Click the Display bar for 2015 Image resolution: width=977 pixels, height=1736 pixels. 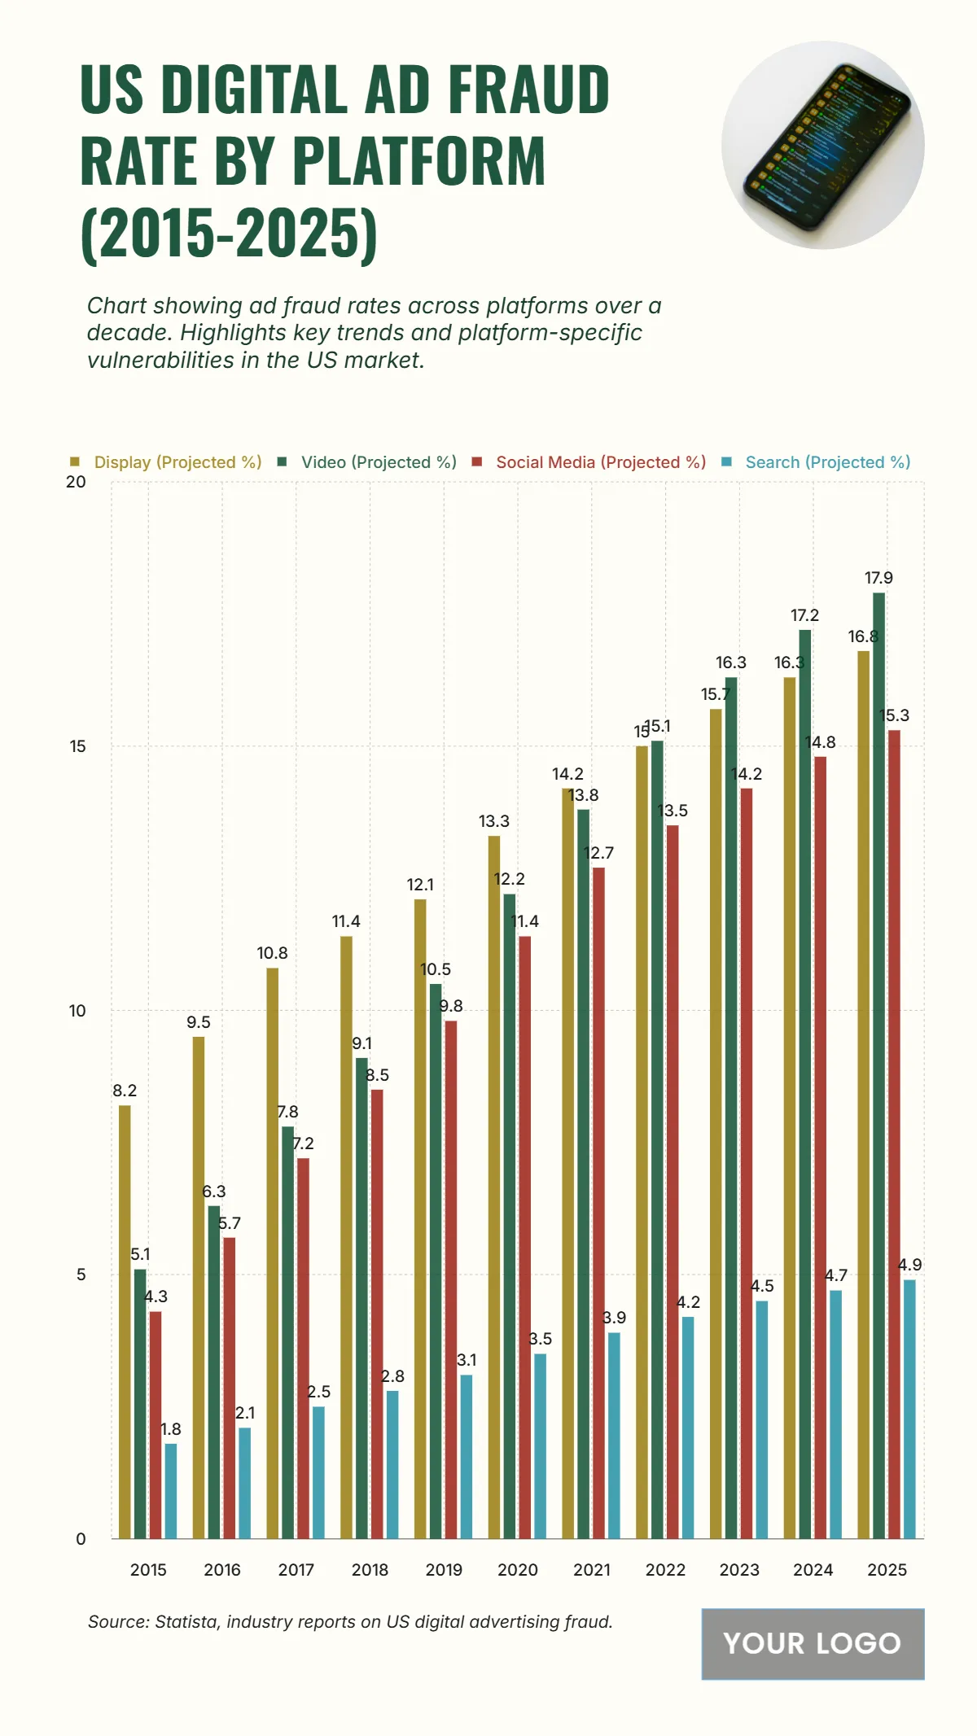tap(125, 1322)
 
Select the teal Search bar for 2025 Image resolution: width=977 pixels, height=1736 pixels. tap(909, 1409)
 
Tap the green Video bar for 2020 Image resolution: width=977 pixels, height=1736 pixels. tap(510, 1216)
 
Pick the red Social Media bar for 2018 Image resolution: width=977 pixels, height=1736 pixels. tap(377, 1314)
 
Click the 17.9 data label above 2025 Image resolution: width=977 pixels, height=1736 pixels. tap(878, 578)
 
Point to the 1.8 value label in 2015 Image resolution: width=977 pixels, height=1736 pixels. tap(171, 1429)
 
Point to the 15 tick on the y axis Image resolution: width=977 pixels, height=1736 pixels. tap(77, 746)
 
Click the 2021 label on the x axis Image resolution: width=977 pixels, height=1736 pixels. tap(591, 1570)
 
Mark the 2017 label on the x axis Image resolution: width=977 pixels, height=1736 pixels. tap(296, 1570)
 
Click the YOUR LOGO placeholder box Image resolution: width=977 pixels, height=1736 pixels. tap(813, 1643)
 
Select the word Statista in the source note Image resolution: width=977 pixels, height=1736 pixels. tap(186, 1621)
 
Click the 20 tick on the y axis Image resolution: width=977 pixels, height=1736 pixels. tap(76, 482)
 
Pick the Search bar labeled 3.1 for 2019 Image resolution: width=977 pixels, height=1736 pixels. tap(467, 1456)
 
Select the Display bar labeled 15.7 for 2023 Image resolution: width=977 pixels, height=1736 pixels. tap(716, 1123)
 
